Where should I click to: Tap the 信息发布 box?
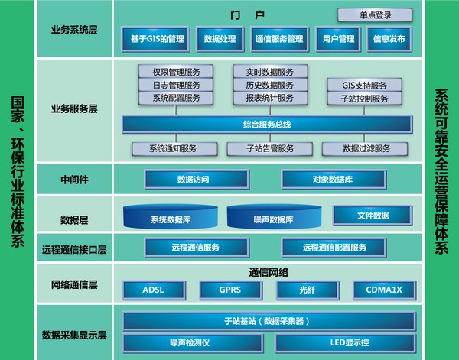click(x=388, y=38)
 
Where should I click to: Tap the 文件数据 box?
click(x=373, y=216)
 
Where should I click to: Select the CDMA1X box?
click(x=383, y=290)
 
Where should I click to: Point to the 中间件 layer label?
click(x=73, y=180)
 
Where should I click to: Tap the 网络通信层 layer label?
click(x=73, y=285)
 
